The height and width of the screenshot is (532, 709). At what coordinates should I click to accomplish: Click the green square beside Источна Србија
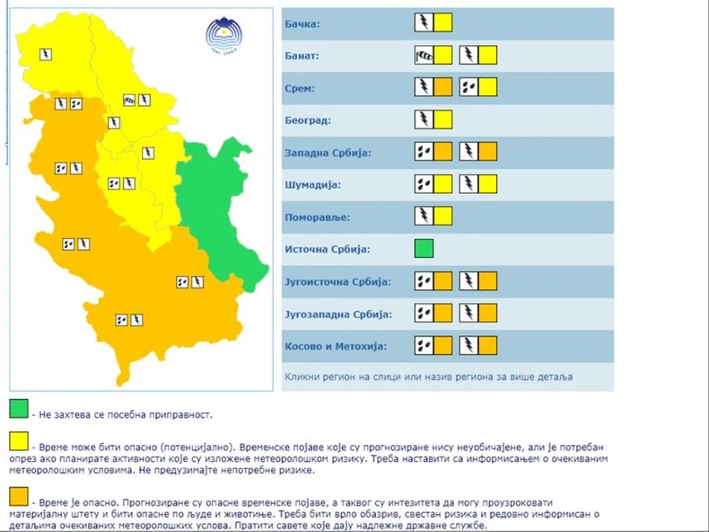(424, 249)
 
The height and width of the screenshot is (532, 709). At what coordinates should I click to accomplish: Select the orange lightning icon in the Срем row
(433, 88)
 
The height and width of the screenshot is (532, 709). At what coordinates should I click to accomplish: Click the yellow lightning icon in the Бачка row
(433, 23)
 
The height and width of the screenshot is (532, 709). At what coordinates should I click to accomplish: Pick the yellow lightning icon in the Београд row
(433, 120)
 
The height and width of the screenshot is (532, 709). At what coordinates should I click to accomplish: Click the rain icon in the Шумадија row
(425, 185)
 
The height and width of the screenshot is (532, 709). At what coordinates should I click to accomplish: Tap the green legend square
(19, 411)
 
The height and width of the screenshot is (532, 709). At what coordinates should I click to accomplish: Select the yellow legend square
(19, 441)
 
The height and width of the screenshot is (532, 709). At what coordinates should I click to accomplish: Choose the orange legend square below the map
(19, 495)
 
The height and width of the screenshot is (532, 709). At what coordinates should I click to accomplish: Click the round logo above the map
(219, 37)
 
